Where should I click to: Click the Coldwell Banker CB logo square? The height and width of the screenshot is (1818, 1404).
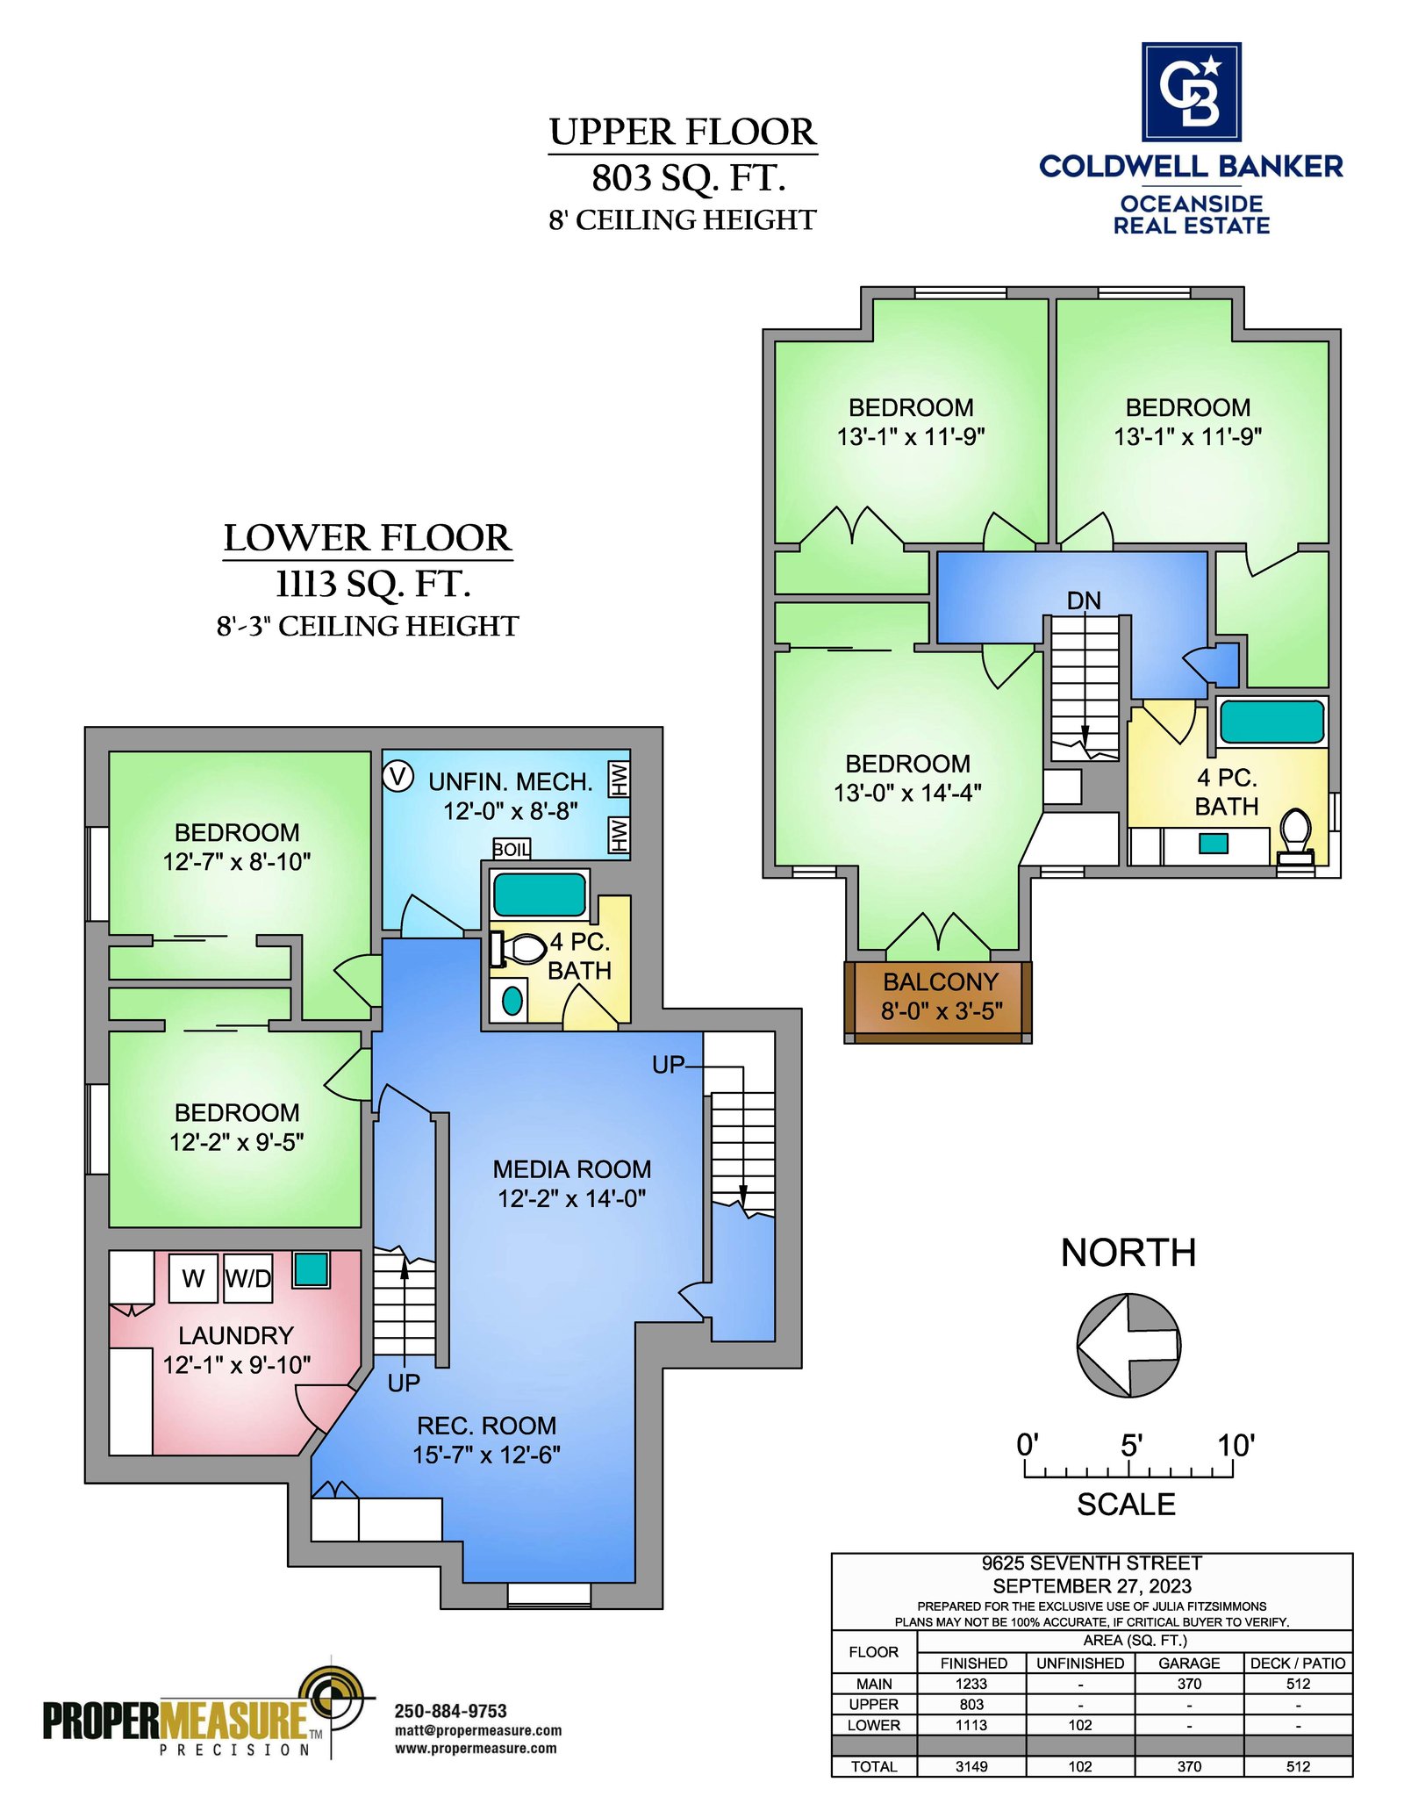point(1191,91)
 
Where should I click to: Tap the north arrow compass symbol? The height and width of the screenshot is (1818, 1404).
point(1128,1344)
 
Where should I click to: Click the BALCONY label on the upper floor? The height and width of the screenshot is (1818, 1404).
point(941,981)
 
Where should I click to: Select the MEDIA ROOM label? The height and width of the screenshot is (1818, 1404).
point(572,1169)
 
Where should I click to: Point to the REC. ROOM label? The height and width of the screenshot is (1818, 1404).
point(487,1426)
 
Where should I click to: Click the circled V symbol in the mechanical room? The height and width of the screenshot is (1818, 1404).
point(398,777)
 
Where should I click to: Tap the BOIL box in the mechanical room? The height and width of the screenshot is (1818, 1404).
point(511,850)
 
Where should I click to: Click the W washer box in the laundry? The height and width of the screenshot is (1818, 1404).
point(193,1278)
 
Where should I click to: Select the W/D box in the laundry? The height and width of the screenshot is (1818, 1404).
point(248,1278)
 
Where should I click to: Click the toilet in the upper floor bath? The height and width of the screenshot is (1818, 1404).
point(1296,837)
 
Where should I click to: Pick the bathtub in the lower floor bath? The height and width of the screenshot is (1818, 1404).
point(540,895)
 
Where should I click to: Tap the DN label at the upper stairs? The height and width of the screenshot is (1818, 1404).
point(1084,600)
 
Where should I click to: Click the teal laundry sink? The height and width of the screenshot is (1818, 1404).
point(311,1269)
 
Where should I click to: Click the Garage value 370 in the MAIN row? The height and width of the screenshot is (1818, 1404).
point(1189,1684)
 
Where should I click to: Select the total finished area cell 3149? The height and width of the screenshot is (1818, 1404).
point(971,1766)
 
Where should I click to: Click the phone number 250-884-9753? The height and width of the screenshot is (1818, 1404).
point(451,1711)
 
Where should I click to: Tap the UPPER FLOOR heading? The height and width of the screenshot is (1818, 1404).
point(683,133)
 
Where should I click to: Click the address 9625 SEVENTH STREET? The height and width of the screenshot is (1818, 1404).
point(1092,1563)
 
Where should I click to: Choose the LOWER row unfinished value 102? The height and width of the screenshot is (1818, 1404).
point(1080,1725)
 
